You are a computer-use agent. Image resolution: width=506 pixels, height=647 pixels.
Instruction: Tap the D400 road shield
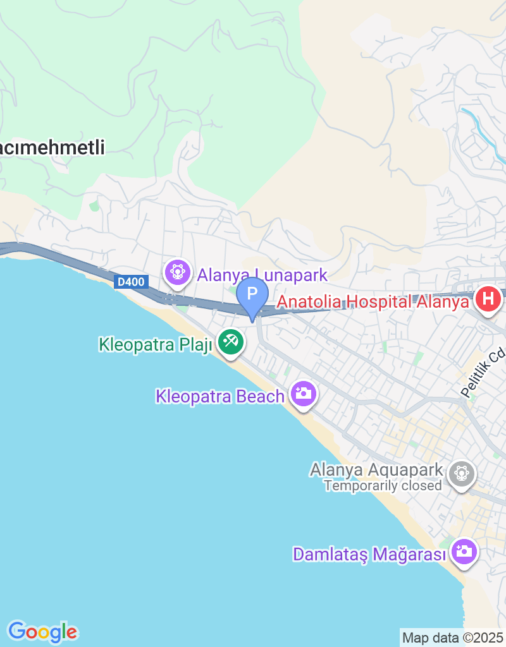tap(131, 282)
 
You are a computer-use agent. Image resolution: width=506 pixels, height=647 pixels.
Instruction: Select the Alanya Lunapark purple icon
tap(178, 273)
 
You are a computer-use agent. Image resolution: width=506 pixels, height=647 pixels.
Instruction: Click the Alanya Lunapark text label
tap(262, 275)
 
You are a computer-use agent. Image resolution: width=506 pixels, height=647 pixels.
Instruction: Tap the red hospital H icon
tap(488, 299)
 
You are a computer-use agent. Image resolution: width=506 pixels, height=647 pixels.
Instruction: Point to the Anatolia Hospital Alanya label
tap(373, 302)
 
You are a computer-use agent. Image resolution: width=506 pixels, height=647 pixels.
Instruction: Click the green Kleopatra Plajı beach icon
tap(231, 343)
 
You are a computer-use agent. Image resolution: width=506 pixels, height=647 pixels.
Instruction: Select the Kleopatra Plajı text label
tap(155, 345)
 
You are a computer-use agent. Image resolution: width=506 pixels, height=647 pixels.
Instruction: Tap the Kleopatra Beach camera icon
tap(304, 395)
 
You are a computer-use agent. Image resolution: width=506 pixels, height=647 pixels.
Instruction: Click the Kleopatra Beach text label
tap(219, 397)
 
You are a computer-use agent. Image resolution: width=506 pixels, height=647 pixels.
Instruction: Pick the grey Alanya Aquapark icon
tap(462, 473)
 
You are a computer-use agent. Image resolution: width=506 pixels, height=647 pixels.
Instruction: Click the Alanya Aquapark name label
tap(376, 470)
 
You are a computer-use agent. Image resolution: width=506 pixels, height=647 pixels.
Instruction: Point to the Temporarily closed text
tap(383, 486)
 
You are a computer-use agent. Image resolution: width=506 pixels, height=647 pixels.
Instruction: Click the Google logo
tap(42, 631)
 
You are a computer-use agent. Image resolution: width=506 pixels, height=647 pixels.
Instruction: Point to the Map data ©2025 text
tap(452, 638)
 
